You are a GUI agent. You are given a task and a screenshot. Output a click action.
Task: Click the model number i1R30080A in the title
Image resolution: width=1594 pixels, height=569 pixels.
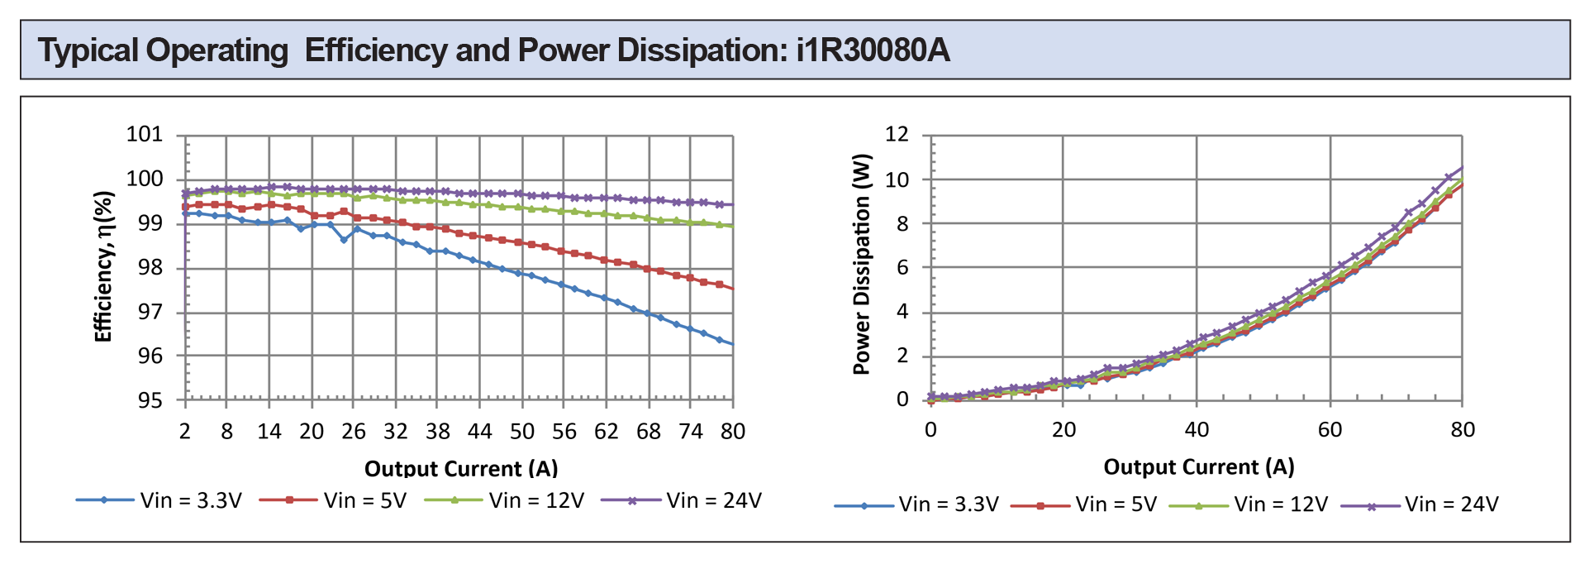(x=873, y=50)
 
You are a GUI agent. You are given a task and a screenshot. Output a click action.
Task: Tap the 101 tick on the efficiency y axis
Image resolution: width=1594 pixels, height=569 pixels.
(x=145, y=135)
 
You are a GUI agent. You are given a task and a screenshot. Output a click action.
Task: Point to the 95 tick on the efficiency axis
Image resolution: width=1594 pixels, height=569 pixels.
(x=150, y=401)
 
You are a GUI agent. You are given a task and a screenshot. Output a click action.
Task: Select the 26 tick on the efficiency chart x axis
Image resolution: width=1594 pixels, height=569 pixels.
(x=354, y=432)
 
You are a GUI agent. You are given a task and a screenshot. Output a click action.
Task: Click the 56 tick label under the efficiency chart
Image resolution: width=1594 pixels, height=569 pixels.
(x=564, y=432)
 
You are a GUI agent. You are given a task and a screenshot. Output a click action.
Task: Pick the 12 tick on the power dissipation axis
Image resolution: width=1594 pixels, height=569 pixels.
(x=897, y=134)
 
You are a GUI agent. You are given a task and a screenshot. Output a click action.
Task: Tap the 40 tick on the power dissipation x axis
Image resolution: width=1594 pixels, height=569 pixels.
(x=1197, y=430)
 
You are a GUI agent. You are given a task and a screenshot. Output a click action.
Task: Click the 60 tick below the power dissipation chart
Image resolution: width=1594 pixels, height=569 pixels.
(x=1330, y=430)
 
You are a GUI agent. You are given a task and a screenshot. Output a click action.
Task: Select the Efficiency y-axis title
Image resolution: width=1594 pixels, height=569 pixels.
(x=103, y=266)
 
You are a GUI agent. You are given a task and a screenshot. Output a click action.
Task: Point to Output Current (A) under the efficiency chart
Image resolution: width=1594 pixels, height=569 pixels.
(x=461, y=469)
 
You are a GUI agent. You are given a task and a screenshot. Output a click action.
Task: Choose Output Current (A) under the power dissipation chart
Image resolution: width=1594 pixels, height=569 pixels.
(x=1198, y=467)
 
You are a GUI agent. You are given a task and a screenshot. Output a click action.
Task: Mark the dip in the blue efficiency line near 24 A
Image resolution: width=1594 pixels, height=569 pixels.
(x=344, y=240)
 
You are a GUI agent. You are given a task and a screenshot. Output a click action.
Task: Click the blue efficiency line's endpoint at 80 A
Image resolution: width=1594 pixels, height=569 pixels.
(x=732, y=344)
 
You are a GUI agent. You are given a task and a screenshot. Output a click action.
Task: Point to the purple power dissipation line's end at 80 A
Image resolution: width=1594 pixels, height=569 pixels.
(x=1462, y=168)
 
